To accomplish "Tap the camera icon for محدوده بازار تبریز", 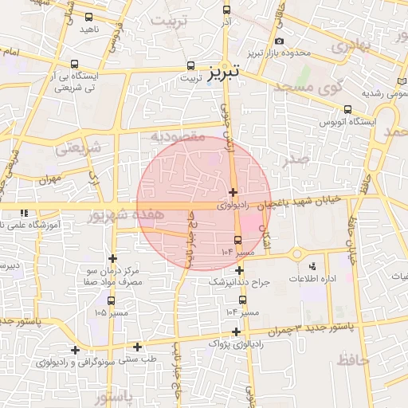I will pos(278,41).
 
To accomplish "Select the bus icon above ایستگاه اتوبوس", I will pos(347,110).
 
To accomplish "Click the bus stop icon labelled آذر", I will pos(226,10).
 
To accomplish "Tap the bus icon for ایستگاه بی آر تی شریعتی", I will pos(74,64).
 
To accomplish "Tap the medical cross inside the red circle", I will pos(232,192).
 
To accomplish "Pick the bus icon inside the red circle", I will pos(237,240).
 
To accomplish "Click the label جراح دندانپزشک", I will pos(240,283).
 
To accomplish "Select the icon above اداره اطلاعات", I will pos(311,265).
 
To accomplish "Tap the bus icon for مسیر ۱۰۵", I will pos(110,300).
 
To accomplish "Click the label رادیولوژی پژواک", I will pos(234,343).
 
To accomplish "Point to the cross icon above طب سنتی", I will pos(138,347).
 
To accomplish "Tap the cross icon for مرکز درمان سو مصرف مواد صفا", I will pos(112,258).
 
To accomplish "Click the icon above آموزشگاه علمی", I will pos(25,213).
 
